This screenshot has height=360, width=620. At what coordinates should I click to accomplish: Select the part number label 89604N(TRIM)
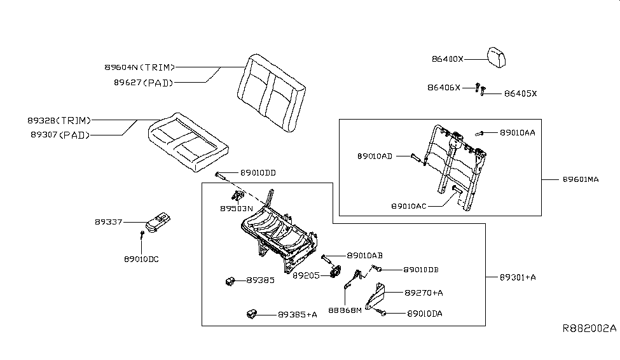pyautogui.click(x=139, y=67)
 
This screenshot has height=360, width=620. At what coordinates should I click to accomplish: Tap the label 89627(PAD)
pyautogui.click(x=143, y=81)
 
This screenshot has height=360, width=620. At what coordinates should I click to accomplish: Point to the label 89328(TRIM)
pyautogui.click(x=59, y=120)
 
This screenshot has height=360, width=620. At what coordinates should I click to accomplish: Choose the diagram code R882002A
pyautogui.click(x=589, y=328)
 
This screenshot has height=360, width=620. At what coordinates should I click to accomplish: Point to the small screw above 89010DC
pyautogui.click(x=142, y=235)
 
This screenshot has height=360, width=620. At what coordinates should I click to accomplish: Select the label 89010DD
pyautogui.click(x=258, y=173)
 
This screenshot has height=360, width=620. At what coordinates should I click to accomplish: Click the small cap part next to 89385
pyautogui.click(x=232, y=280)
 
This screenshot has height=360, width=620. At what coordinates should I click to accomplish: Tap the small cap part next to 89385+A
pyautogui.click(x=251, y=313)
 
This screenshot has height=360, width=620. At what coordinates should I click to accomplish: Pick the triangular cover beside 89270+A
pyautogui.click(x=377, y=296)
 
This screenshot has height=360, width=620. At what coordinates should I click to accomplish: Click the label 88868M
pyautogui.click(x=345, y=310)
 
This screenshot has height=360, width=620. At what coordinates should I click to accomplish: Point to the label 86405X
pyautogui.click(x=520, y=93)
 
